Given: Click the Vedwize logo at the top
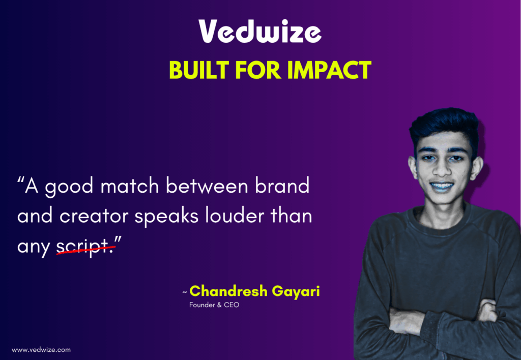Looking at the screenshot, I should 260,32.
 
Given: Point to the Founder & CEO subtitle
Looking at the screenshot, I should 214,305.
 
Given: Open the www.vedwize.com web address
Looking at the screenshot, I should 41,350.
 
